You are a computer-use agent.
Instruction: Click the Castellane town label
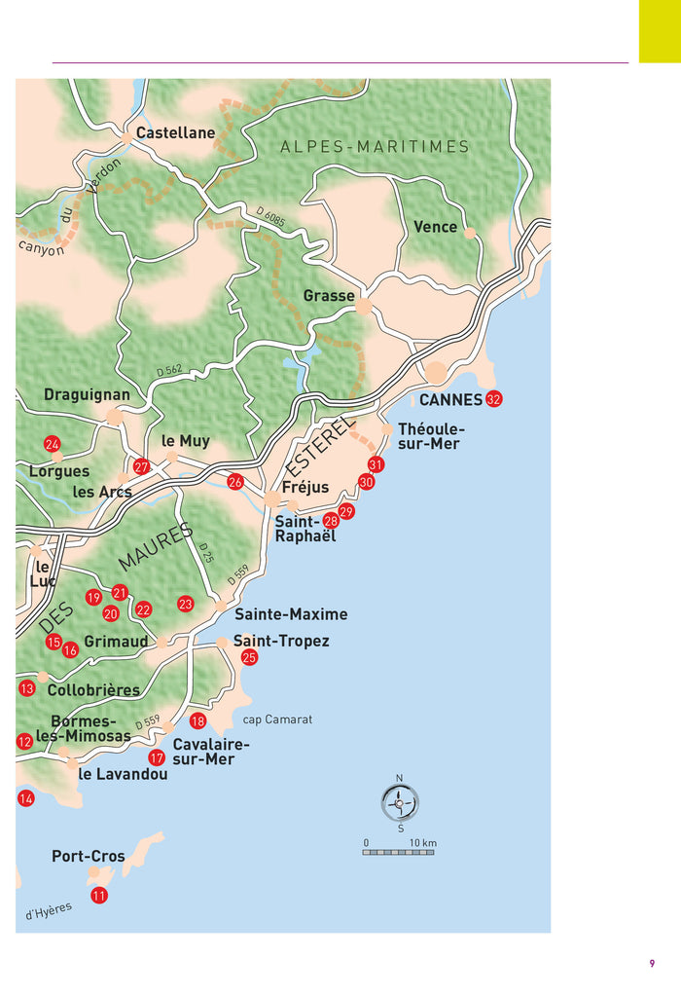click(x=175, y=132)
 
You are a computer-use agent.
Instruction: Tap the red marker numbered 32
click(x=494, y=399)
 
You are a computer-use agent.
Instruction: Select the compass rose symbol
click(x=400, y=804)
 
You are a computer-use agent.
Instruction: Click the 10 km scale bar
click(x=400, y=852)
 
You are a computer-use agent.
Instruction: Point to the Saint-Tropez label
click(x=281, y=641)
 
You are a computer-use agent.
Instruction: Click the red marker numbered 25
click(x=249, y=657)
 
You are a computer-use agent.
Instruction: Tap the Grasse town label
click(x=329, y=295)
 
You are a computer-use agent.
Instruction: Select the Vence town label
click(x=435, y=226)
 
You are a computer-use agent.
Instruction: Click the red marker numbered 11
click(x=99, y=895)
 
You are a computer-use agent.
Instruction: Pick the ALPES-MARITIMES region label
click(x=375, y=147)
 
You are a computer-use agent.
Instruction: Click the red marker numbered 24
click(x=53, y=444)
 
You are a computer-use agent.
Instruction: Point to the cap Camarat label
click(x=277, y=719)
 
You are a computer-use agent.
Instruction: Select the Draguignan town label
click(x=87, y=394)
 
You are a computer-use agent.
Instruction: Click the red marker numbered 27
click(x=141, y=467)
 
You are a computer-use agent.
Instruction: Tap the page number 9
click(x=652, y=964)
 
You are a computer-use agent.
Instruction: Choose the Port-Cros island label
click(x=89, y=856)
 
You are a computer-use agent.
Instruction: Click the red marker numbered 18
click(x=197, y=721)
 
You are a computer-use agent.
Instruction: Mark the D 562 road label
click(x=169, y=371)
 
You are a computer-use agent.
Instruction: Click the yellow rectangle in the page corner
click(x=659, y=31)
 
